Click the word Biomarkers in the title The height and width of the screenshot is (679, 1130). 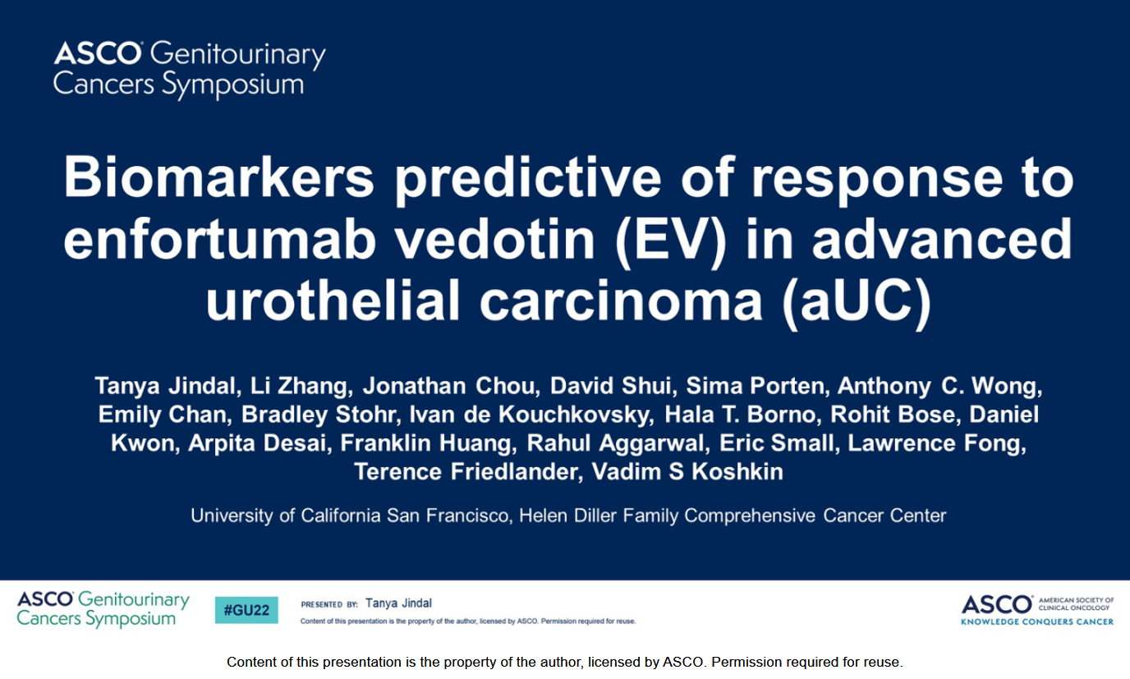click(x=218, y=178)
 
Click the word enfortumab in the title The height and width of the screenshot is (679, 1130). click(x=219, y=239)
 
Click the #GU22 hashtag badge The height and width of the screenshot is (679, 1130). click(x=246, y=610)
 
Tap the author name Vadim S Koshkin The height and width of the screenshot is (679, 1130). click(x=687, y=471)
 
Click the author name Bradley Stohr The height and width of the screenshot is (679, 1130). click(x=318, y=415)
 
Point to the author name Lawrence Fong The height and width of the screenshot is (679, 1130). click(x=935, y=443)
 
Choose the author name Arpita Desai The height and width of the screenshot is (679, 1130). click(x=257, y=443)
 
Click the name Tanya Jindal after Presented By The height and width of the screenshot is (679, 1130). click(x=398, y=603)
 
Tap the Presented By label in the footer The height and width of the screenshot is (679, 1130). click(x=329, y=604)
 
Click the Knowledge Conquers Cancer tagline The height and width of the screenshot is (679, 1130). click(x=1037, y=622)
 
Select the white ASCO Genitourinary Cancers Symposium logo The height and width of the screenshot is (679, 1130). click(x=189, y=69)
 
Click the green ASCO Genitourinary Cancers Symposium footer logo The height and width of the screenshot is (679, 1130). click(x=103, y=609)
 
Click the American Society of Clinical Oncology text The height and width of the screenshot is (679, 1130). click(x=1076, y=603)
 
